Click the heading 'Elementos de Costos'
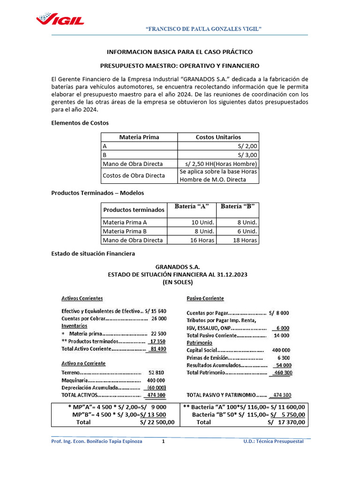click(80, 123)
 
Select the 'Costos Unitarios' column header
click(218, 137)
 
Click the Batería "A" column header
click(191, 207)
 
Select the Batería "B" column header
click(237, 207)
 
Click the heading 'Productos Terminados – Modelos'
click(97, 193)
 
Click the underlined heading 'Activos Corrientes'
click(82, 298)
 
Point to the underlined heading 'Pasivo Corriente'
click(205, 298)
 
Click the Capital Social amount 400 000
click(281, 350)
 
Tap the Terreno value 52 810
click(157, 372)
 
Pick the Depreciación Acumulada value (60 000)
click(157, 388)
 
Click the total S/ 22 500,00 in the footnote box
click(157, 422)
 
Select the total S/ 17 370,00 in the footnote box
click(286, 422)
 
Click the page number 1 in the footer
click(164, 442)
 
